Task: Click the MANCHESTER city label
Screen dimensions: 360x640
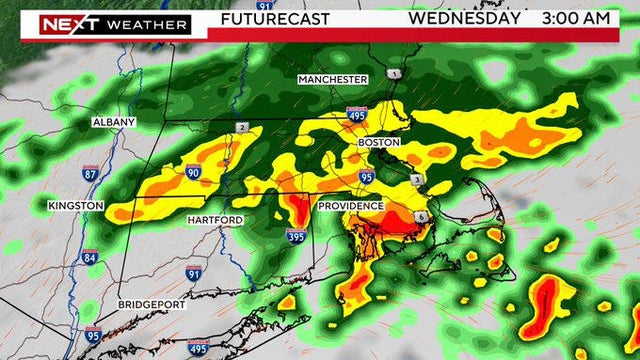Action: tap(333, 79)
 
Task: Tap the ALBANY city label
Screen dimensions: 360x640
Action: tap(113, 121)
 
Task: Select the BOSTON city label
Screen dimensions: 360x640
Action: tap(380, 143)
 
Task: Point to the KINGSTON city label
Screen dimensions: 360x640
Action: tap(75, 205)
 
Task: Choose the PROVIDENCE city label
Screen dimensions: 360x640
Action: tap(351, 206)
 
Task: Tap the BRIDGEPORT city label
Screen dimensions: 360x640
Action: tap(151, 304)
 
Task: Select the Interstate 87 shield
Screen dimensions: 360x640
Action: tap(91, 174)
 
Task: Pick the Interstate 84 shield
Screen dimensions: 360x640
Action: tap(91, 257)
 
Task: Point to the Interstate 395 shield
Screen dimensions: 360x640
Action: tap(295, 237)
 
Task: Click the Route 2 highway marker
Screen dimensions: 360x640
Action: tap(242, 127)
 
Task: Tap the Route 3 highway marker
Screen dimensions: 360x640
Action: tap(416, 179)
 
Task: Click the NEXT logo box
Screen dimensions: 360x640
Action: tap(68, 24)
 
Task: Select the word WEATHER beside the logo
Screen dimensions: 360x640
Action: tap(148, 24)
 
